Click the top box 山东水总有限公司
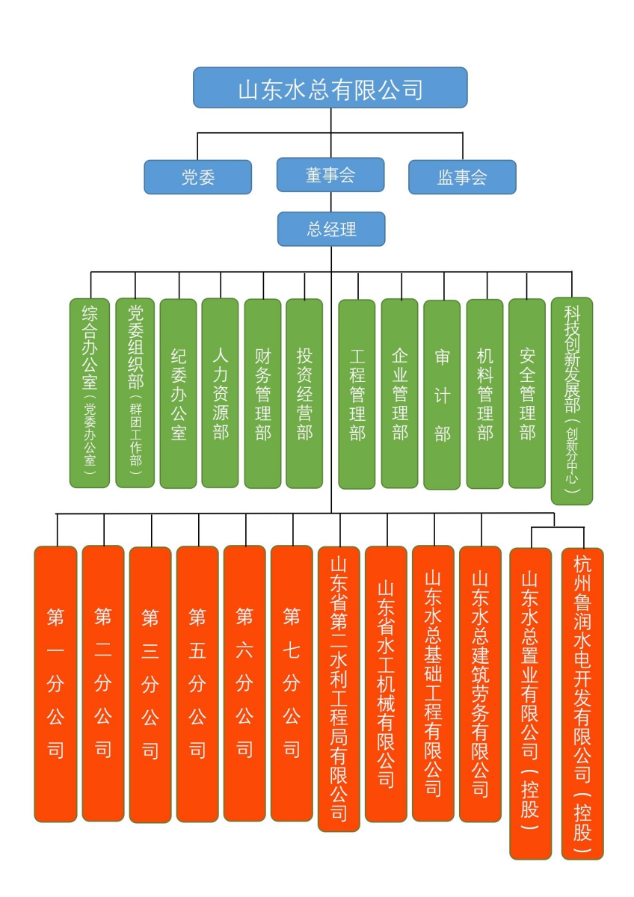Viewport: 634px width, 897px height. coord(330,87)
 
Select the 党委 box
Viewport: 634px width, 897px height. coord(198,177)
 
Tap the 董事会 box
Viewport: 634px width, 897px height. coord(330,175)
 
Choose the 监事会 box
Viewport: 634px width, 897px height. coord(462,177)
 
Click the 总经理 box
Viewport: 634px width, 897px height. coord(331,229)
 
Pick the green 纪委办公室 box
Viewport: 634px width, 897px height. coord(178,394)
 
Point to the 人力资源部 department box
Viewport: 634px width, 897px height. coord(220,393)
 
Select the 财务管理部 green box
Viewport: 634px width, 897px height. coord(262,394)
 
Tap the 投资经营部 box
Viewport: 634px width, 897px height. coord(304,394)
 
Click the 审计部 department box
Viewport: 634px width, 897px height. coord(442,395)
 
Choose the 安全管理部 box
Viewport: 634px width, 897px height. coord(527,394)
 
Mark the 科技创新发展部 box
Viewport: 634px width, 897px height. coord(572,401)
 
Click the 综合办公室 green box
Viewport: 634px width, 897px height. coord(90,393)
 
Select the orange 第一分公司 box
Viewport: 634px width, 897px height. coord(55,684)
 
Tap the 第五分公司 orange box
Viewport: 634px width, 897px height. coord(197,684)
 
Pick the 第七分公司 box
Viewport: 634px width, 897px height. coord(292,683)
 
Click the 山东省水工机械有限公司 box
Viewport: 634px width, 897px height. coord(386,684)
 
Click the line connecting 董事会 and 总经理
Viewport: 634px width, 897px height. coord(330,202)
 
